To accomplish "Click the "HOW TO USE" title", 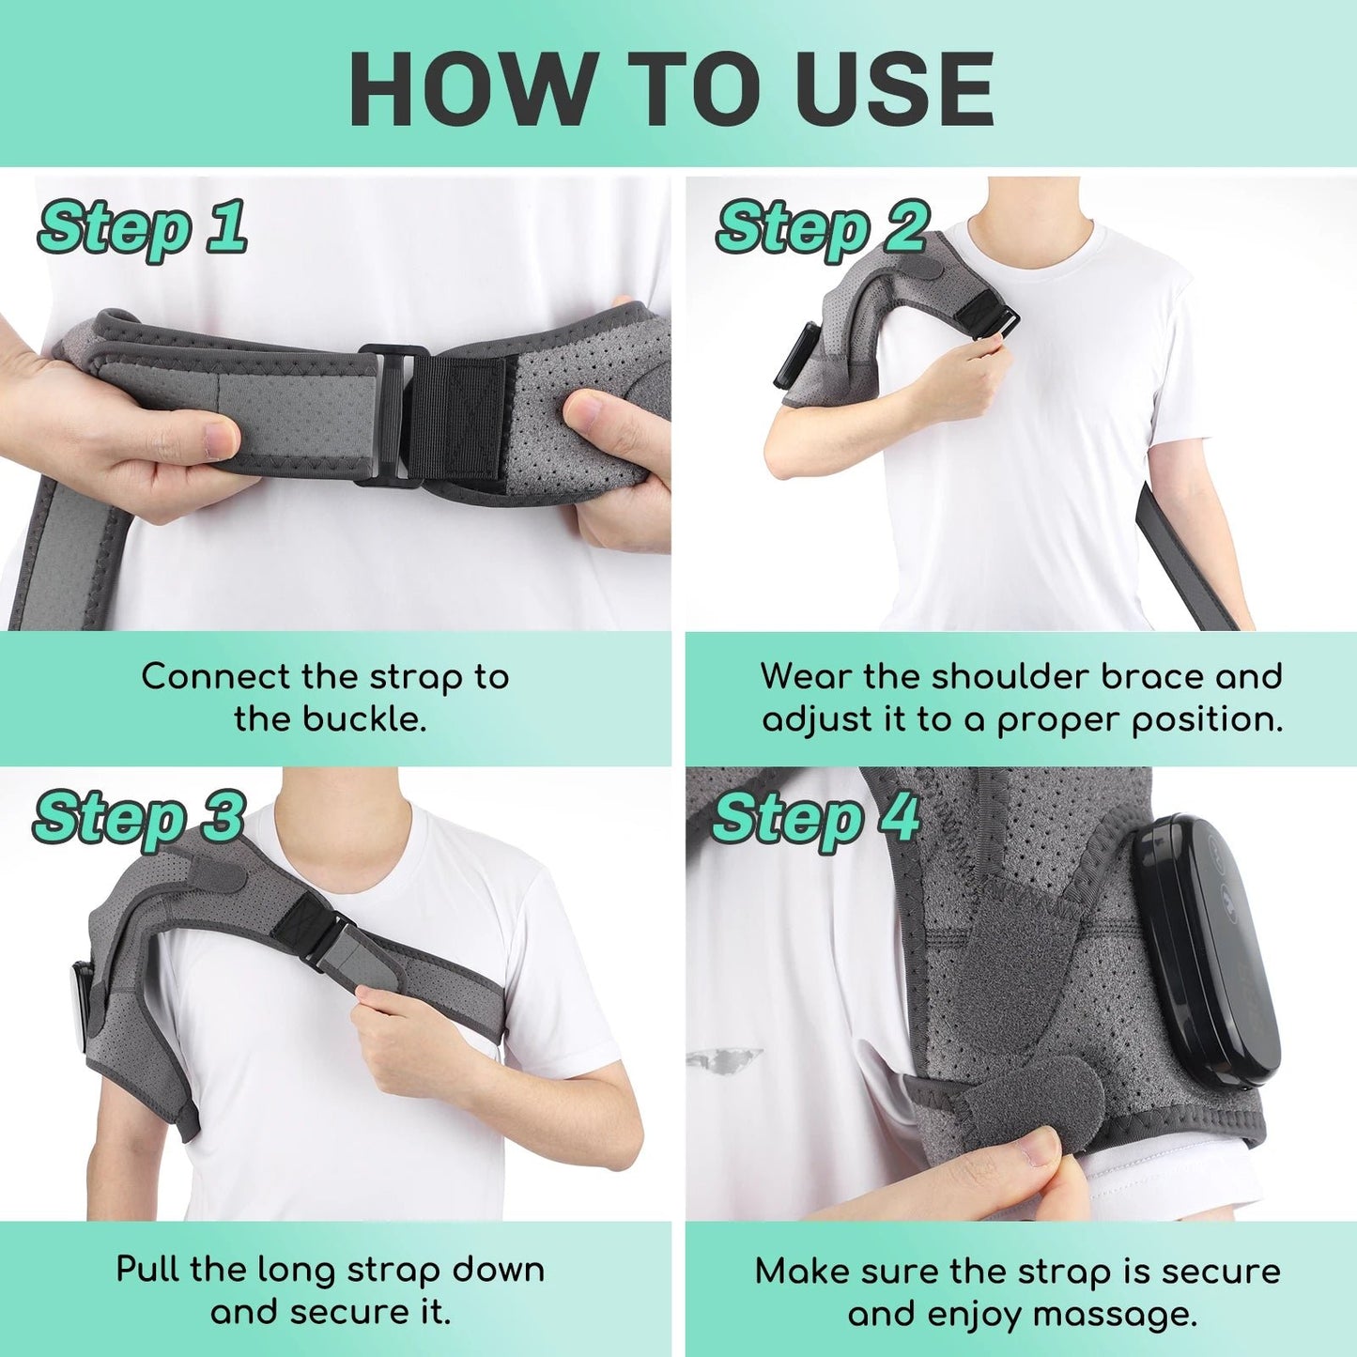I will [x=671, y=89].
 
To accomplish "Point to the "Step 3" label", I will [x=139, y=817].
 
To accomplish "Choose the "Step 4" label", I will [x=815, y=817].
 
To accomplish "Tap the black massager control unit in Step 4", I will [x=1202, y=948].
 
